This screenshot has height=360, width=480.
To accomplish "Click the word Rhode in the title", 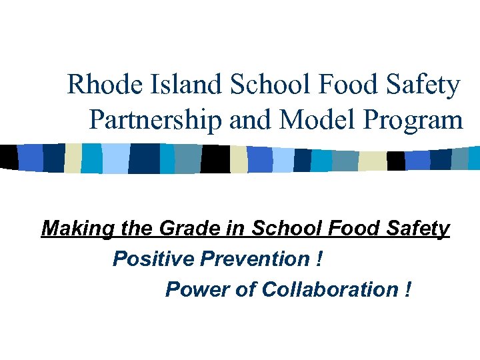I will [95, 85].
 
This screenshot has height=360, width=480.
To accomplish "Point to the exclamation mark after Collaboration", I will [407, 289].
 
